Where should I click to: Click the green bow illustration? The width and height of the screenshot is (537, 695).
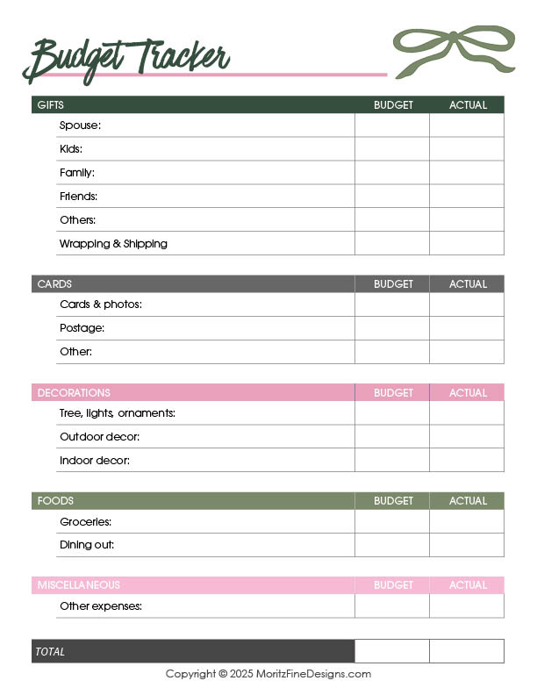[x=453, y=51]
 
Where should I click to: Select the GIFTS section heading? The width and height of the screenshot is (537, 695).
[x=51, y=105]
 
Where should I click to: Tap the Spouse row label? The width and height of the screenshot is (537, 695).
[x=80, y=125]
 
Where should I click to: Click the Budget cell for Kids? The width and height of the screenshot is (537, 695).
[x=392, y=149]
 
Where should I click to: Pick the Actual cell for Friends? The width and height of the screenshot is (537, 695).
[x=467, y=197]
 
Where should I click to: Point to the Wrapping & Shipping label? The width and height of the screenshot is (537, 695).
[x=113, y=244]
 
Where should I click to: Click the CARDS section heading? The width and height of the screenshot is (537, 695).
[x=54, y=284]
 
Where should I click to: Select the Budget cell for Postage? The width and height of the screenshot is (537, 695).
[x=392, y=328]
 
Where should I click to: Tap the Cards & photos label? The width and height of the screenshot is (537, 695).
[x=101, y=305]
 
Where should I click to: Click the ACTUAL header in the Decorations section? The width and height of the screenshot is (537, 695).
[x=468, y=393]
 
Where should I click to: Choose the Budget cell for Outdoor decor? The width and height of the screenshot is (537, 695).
[x=392, y=437]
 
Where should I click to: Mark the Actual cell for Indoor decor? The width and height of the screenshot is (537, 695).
[x=467, y=461]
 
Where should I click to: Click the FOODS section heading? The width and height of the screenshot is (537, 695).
[x=55, y=501]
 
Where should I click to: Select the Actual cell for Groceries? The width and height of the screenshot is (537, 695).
[x=467, y=522]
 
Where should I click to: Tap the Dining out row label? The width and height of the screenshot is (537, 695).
[x=87, y=545]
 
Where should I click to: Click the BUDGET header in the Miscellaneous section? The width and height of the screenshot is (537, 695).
[x=393, y=585]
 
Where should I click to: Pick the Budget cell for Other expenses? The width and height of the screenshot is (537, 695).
[x=392, y=606]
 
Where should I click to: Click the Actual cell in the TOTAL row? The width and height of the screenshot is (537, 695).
[x=467, y=651]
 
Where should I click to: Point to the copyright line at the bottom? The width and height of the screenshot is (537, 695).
[x=268, y=674]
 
